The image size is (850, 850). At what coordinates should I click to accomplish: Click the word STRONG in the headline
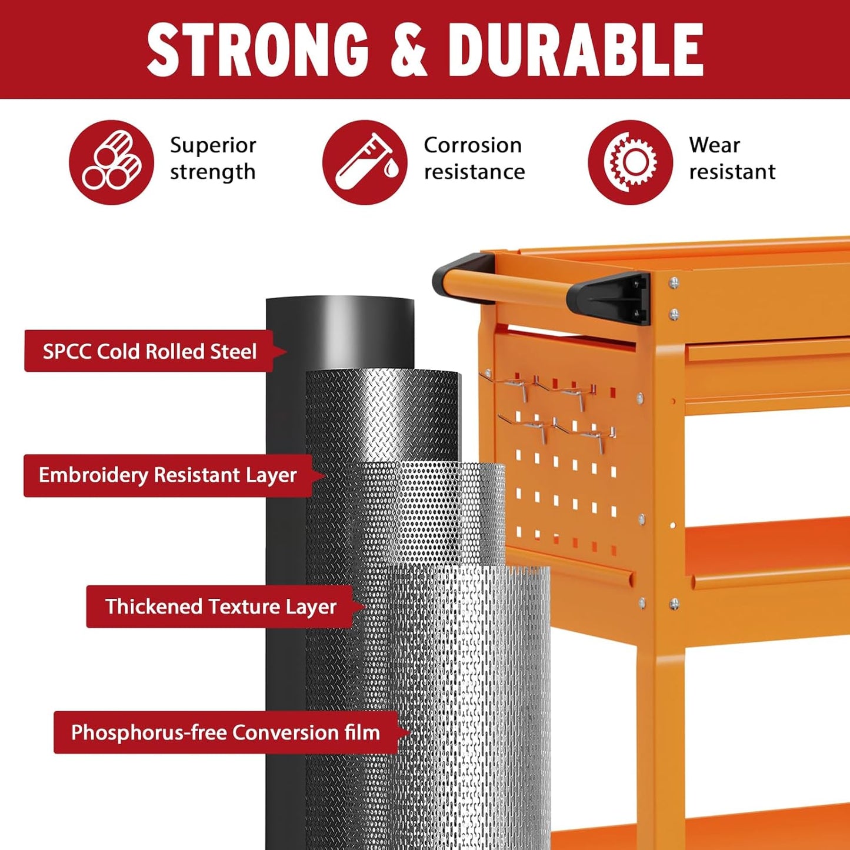(258, 49)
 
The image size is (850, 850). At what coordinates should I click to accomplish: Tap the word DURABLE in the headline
(575, 49)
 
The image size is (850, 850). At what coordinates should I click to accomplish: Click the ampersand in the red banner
(408, 49)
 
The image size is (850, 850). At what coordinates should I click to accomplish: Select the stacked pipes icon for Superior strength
(111, 162)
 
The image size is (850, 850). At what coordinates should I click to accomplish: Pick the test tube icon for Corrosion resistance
(365, 162)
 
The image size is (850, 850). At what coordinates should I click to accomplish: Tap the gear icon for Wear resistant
(630, 162)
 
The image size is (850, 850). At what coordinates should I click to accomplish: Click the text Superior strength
(213, 158)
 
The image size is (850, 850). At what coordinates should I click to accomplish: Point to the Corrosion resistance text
(474, 158)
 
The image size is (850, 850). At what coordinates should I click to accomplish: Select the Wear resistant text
(732, 158)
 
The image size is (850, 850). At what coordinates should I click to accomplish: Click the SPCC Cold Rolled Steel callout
(150, 351)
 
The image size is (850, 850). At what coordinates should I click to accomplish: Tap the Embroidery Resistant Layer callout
(168, 475)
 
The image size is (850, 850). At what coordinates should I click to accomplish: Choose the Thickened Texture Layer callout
(221, 606)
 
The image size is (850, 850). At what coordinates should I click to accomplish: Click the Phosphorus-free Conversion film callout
(225, 732)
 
